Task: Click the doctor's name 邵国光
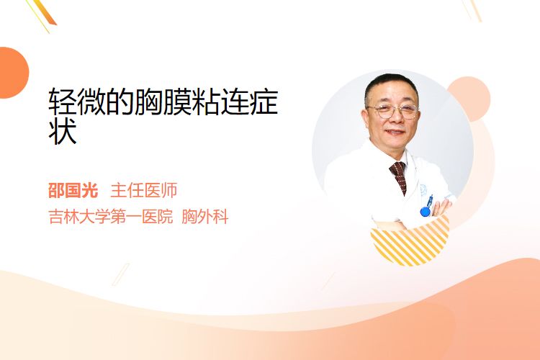[73, 190]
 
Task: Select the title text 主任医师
[143, 190]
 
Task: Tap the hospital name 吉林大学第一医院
[111, 217]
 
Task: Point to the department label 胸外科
[205, 217]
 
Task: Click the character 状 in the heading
[63, 131]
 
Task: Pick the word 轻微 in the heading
[77, 102]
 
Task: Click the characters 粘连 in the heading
[220, 102]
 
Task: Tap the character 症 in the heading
[264, 102]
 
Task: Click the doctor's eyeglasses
[393, 111]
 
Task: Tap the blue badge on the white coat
[426, 207]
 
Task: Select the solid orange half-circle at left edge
[13, 73]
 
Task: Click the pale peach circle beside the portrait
[474, 98]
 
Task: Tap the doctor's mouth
[395, 132]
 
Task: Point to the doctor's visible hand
[443, 207]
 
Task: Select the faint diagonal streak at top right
[472, 10]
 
